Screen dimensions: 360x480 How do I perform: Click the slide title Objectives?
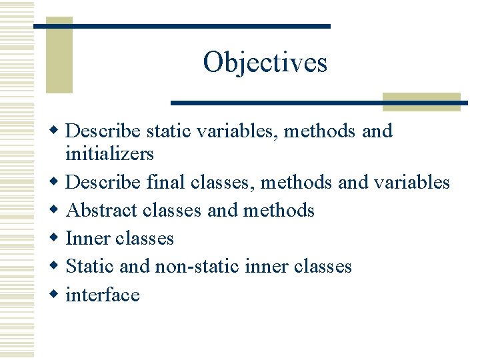(265, 62)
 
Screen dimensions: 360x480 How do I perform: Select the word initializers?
(109, 154)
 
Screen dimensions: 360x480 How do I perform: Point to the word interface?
(103, 295)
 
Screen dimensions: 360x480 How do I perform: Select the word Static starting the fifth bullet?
(91, 267)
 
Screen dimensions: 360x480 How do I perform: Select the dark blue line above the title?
(181, 26)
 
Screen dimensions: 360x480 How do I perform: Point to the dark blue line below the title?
(319, 103)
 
